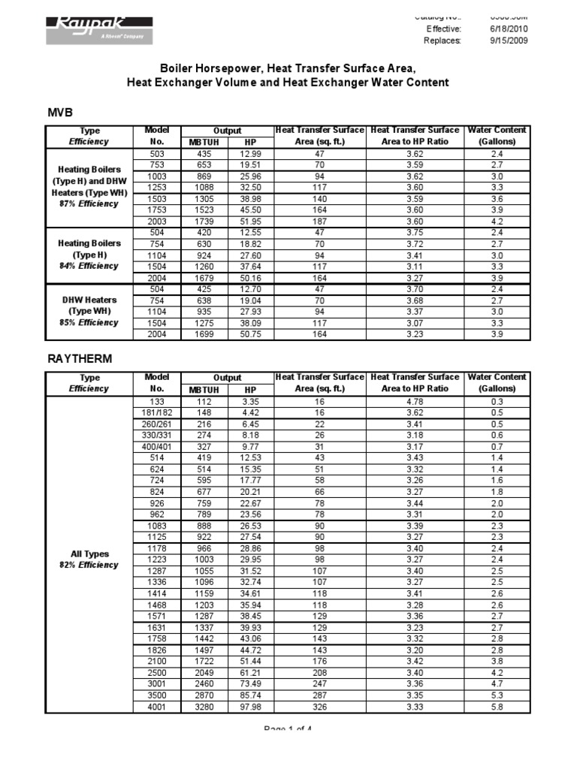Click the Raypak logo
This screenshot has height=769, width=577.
coord(100,29)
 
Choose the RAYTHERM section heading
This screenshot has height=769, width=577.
coord(80,359)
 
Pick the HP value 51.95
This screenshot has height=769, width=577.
coord(250,222)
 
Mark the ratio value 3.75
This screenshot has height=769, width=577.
coord(415,233)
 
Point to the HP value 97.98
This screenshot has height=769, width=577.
coord(250,706)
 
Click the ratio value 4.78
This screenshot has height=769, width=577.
coord(415,401)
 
